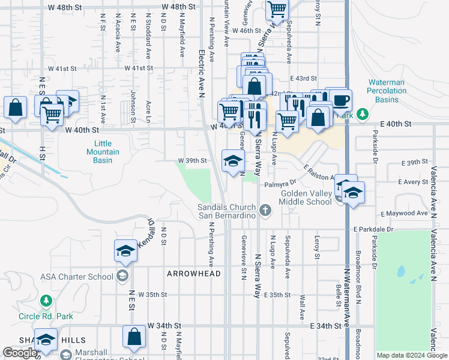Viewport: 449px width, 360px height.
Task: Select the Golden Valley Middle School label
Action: pos(307,197)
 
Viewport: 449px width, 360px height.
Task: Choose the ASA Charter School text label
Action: pos(76,277)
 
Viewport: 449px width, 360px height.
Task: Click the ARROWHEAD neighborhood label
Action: pos(194,274)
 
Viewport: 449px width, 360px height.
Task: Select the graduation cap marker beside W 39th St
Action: pos(233,160)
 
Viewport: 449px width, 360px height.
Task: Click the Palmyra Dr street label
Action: pos(280,182)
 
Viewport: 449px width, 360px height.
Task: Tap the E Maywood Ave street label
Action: pos(404,213)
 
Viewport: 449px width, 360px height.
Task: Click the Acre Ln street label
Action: pos(148,109)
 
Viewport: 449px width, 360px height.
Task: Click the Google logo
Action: pos(20,353)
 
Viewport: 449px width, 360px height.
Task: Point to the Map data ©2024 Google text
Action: pos(411,355)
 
